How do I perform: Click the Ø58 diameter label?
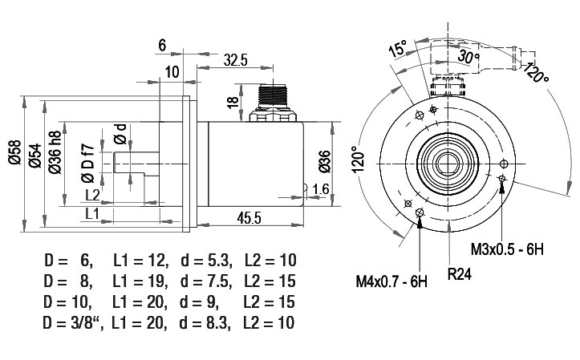pos(15,152)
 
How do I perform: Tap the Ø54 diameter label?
pos(35,156)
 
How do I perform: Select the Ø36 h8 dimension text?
pos(55,152)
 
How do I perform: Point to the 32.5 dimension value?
pos(235,60)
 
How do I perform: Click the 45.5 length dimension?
pos(249,218)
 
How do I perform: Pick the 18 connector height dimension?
pos(233,103)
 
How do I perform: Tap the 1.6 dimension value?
pos(320,189)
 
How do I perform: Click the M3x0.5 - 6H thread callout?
pos(507,249)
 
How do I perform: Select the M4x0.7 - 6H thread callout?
pos(391,281)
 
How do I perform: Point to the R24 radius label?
pos(460,274)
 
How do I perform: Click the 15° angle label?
pos(398,48)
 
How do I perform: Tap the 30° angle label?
pos(468,56)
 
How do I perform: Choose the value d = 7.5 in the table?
pos(206,281)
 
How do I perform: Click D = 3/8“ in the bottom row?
pos(73,323)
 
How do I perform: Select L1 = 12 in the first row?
pos(140,261)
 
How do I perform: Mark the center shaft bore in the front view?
pos(448,164)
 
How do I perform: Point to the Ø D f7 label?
pos(88,164)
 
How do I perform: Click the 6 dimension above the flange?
pos(162,46)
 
